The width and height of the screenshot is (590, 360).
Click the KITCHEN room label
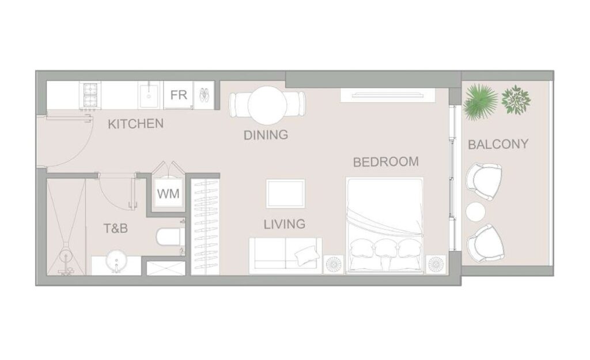pyautogui.click(x=135, y=124)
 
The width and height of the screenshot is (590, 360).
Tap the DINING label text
pyautogui.click(x=266, y=135)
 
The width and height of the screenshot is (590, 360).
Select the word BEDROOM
pyautogui.click(x=385, y=162)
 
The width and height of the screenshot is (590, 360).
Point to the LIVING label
pyautogui.click(x=284, y=224)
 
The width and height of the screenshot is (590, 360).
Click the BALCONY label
pyautogui.click(x=498, y=144)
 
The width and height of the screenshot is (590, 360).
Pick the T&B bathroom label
pyautogui.click(x=115, y=228)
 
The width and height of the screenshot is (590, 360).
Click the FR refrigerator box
pyautogui.click(x=179, y=95)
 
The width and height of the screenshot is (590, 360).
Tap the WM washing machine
pyautogui.click(x=168, y=194)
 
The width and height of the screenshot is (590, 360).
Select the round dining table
pyautogui.click(x=268, y=105)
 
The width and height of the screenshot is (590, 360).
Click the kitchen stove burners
pyautogui.click(x=90, y=95)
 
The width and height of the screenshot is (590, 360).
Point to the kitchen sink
pyautogui.click(x=149, y=95)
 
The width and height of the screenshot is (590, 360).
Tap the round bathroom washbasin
pyautogui.click(x=116, y=260)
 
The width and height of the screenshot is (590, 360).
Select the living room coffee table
pyautogui.click(x=285, y=194)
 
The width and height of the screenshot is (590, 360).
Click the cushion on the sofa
pyautogui.click(x=307, y=255)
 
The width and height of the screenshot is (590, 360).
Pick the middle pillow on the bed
pyautogui.click(x=385, y=249)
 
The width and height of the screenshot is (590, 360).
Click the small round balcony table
pyautogui.click(x=475, y=212)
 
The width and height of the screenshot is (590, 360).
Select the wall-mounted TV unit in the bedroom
pyautogui.click(x=387, y=94)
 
